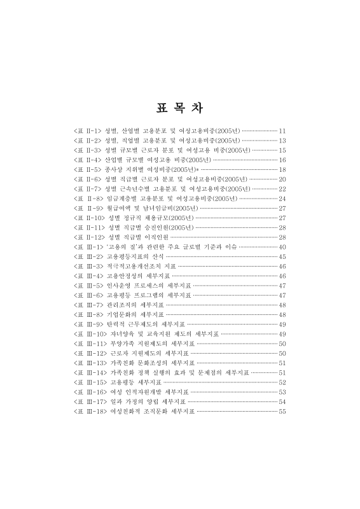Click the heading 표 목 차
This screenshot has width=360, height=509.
[179, 106]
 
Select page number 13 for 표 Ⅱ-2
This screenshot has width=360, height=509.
[283, 139]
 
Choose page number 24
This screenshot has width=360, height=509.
[283, 198]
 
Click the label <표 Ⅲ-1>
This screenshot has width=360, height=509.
[88, 246]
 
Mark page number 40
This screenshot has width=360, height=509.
[283, 246]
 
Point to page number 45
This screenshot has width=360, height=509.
[283, 256]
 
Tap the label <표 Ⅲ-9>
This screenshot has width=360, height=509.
[88, 324]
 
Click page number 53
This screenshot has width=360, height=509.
[283, 393]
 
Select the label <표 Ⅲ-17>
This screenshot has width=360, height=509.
[90, 402]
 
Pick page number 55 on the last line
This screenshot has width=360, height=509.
[283, 412]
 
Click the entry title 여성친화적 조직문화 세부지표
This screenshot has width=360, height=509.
[152, 412]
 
